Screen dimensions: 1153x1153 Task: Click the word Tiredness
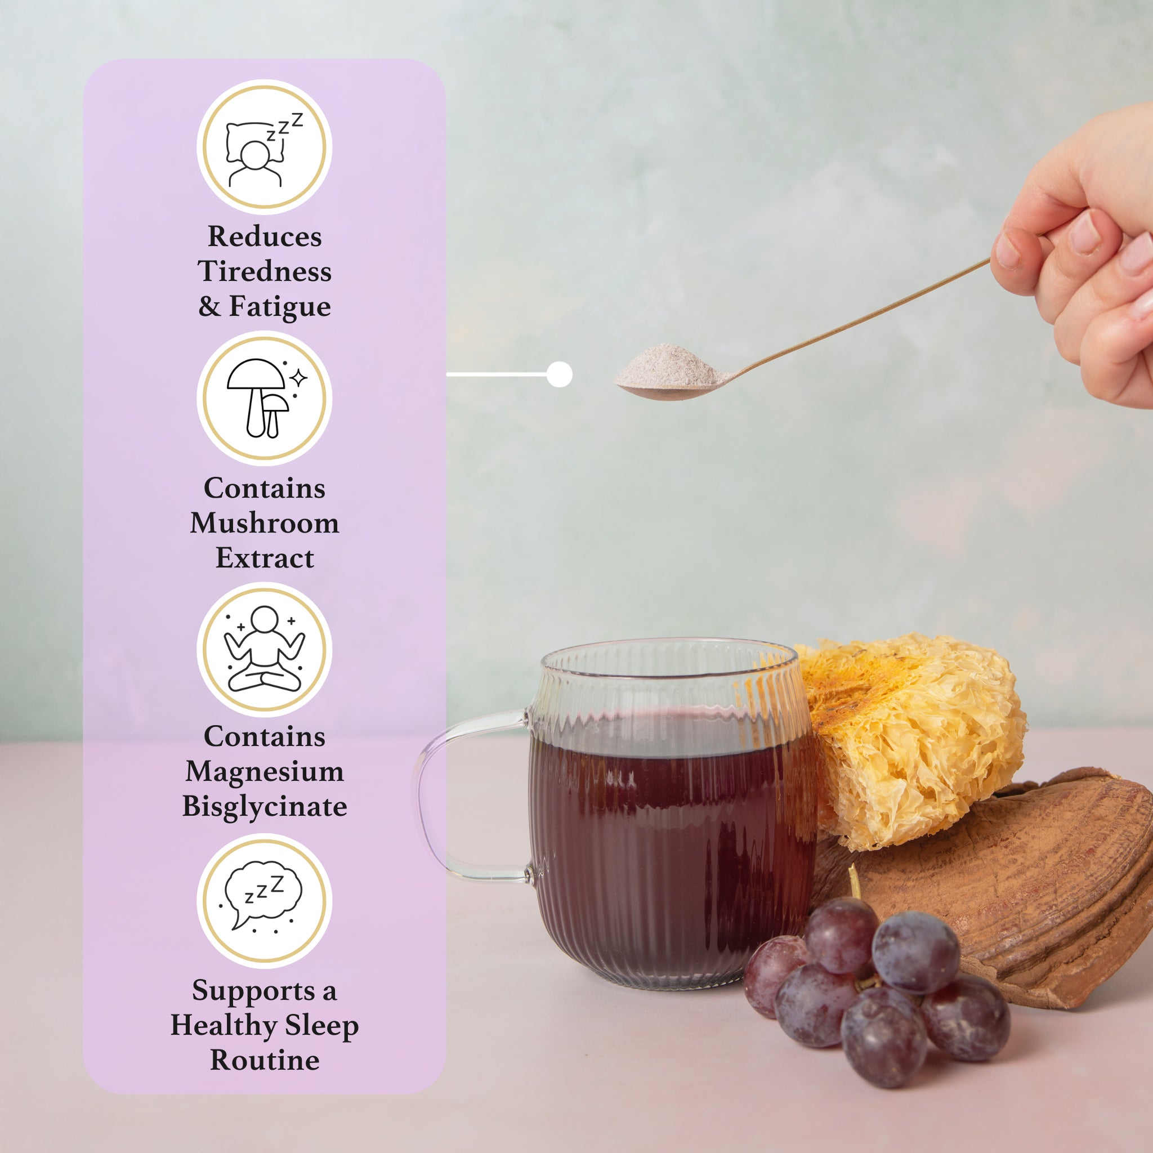tap(265, 271)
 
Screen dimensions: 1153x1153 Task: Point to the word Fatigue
tap(279, 307)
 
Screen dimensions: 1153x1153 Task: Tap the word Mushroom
tap(265, 524)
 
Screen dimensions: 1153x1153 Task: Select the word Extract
tap(265, 558)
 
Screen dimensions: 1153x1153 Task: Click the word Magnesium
tap(265, 772)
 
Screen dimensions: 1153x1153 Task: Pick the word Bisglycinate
tap(265, 807)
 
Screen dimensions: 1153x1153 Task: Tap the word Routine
tap(265, 1061)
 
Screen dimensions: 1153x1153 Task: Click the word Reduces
tap(265, 236)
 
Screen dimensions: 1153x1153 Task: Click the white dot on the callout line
tap(559, 374)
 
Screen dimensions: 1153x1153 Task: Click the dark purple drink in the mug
tap(668, 847)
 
